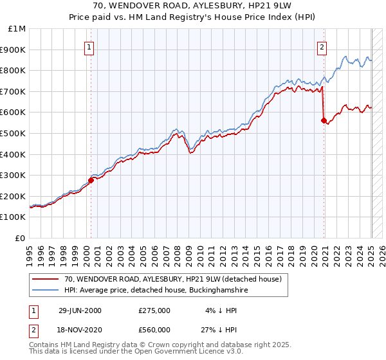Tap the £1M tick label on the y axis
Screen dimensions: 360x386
pos(17,29)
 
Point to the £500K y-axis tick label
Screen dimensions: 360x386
pos(14,134)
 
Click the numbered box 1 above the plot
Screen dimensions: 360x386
pos(89,46)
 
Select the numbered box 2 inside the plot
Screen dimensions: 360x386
pos(321,46)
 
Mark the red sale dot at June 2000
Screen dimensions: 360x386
pos(91,181)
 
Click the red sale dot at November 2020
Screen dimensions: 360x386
pos(324,121)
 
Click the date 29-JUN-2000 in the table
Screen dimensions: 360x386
pos(80,310)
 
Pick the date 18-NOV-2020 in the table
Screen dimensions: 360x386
pos(80,330)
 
